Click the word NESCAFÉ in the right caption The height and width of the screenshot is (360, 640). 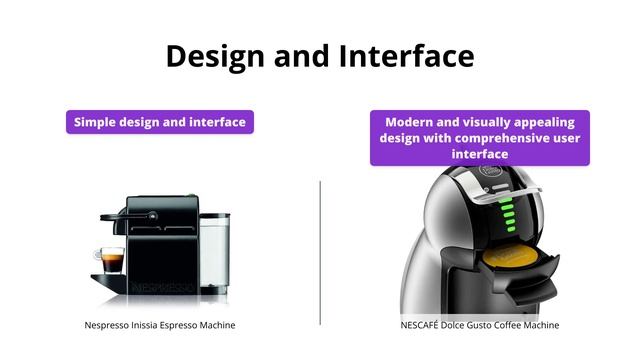pos(422,325)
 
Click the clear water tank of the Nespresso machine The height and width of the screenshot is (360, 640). pos(214,250)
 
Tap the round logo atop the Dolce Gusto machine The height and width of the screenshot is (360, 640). pos(491,173)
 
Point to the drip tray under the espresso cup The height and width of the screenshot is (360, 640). pos(110,277)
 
